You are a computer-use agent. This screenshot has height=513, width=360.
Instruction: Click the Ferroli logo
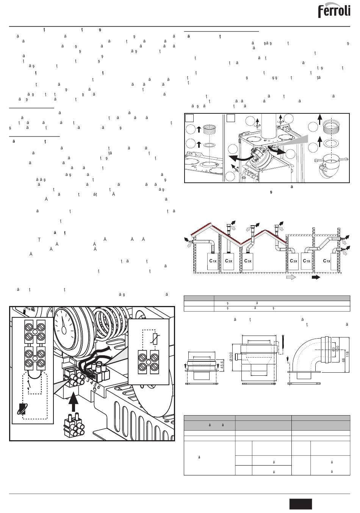[334, 11]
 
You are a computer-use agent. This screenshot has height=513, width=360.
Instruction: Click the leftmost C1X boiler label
[213, 261]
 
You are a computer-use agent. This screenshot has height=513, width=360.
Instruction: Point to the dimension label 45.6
[221, 366]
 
